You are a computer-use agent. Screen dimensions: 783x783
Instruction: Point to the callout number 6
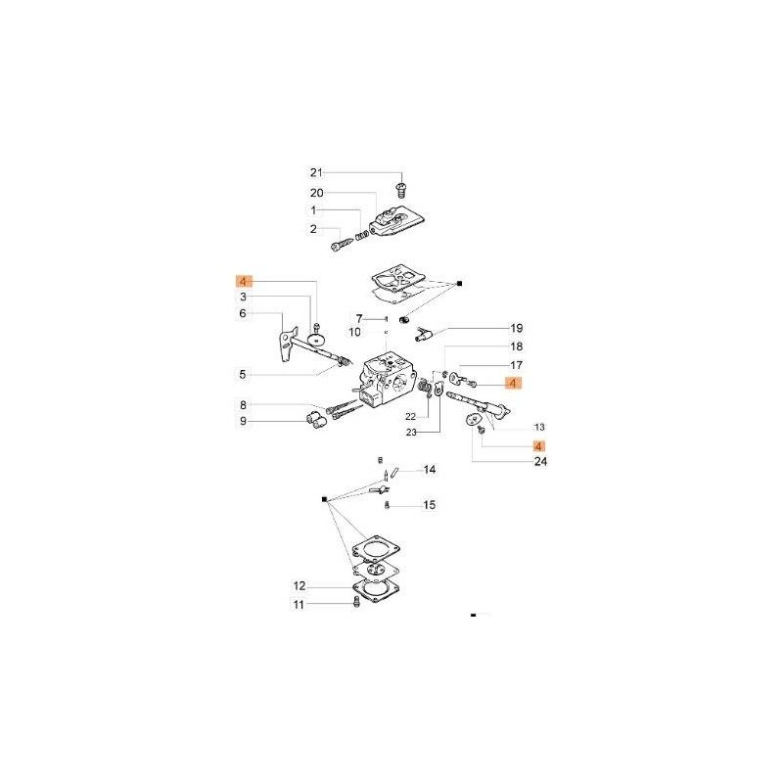(x=243, y=313)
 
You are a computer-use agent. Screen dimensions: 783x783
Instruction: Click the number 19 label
(x=517, y=328)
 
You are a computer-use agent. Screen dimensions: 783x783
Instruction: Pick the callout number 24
(x=541, y=462)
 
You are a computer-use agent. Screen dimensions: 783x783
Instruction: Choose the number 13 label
(x=539, y=427)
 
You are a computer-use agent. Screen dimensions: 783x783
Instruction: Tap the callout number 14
(x=429, y=470)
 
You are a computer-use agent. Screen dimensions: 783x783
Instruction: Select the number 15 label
(x=429, y=506)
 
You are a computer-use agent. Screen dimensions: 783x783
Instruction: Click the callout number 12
(x=299, y=586)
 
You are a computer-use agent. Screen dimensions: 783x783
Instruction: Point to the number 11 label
(x=299, y=605)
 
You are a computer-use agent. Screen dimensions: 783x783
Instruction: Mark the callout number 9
(x=243, y=422)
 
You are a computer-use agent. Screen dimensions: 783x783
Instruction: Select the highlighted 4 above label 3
(x=243, y=281)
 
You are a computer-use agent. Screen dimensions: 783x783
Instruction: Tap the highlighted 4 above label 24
(x=538, y=445)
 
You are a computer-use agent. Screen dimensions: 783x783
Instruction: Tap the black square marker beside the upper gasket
(x=460, y=283)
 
